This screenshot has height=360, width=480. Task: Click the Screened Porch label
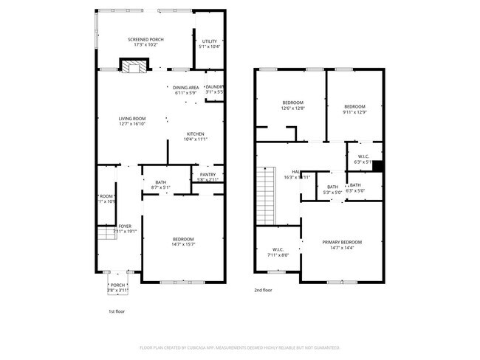pos(145,40)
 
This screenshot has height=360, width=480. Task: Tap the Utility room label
pos(210,41)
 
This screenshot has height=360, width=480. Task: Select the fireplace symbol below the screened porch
pos(134,68)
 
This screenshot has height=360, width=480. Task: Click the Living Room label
pos(132,119)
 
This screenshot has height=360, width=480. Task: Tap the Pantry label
pos(208,174)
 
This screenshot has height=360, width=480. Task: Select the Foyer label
pos(114,226)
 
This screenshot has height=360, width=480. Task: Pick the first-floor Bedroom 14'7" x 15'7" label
pos(183,239)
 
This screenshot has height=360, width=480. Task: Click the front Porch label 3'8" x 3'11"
pos(118,285)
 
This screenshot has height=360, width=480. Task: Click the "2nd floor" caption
pos(263,290)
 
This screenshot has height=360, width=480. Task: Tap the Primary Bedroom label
pos(342,242)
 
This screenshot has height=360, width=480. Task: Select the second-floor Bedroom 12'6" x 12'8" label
pos(293,103)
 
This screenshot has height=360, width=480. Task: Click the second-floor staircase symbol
pos(265,195)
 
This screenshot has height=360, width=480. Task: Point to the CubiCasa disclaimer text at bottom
pos(239,347)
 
